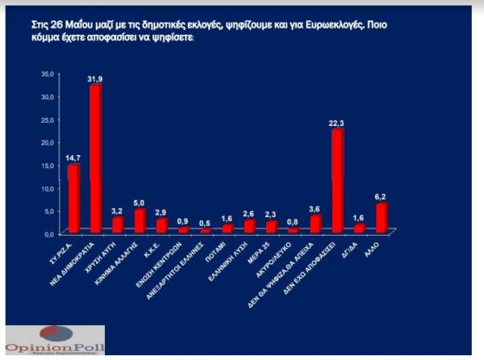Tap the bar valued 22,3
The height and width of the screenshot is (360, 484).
pyautogui.click(x=337, y=181)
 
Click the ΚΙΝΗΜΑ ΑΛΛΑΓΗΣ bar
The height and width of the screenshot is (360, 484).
pyautogui.click(x=139, y=221)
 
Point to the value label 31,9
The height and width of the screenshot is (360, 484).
pyautogui.click(x=95, y=78)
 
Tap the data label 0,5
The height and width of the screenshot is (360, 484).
pyautogui.click(x=205, y=224)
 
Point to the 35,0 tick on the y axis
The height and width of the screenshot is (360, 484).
pyautogui.click(x=48, y=73)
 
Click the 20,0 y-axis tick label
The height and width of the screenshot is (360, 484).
pyautogui.click(x=48, y=142)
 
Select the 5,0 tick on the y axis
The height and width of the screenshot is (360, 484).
pyautogui.click(x=49, y=211)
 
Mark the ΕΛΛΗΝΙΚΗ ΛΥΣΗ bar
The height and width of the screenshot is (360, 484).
pyautogui.click(x=249, y=226)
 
